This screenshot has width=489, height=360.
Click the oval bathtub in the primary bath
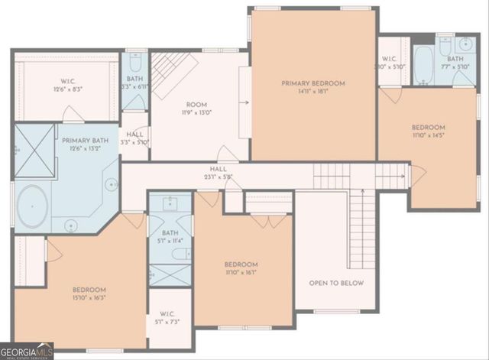pos(33,206)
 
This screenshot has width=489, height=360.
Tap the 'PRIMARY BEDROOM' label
pos(313,83)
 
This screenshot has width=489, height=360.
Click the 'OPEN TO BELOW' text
pos(336,283)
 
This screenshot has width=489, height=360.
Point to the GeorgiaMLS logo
pos(27,351)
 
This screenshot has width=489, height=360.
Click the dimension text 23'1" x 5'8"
pos(219,177)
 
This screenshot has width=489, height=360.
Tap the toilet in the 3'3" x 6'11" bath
pos(135,60)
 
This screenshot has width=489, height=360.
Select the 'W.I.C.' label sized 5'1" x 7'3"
pos(167,314)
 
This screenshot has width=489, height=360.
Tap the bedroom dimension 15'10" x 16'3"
pos(89,299)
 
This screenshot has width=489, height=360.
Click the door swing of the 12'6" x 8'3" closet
pos(73,115)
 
